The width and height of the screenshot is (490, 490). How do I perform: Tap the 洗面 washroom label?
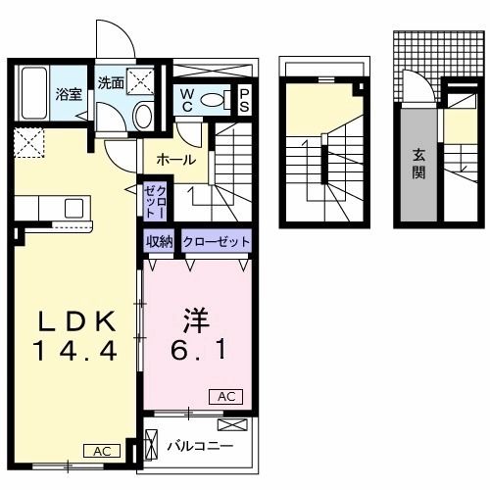110,83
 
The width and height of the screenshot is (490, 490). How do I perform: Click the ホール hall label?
175,160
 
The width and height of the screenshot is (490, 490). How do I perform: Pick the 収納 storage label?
161,241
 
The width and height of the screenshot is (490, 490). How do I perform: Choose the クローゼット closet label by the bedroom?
216,241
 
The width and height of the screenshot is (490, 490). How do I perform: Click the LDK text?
77,320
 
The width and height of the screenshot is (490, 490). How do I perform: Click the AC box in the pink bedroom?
222,396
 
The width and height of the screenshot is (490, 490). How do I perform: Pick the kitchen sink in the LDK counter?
73,208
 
